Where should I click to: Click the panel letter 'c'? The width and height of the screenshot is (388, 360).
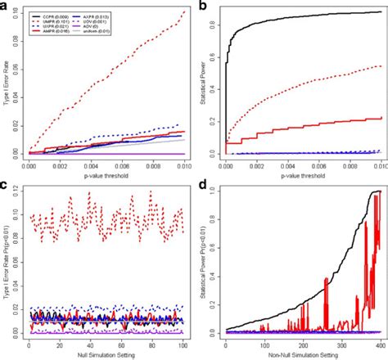[x=6, y=187]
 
